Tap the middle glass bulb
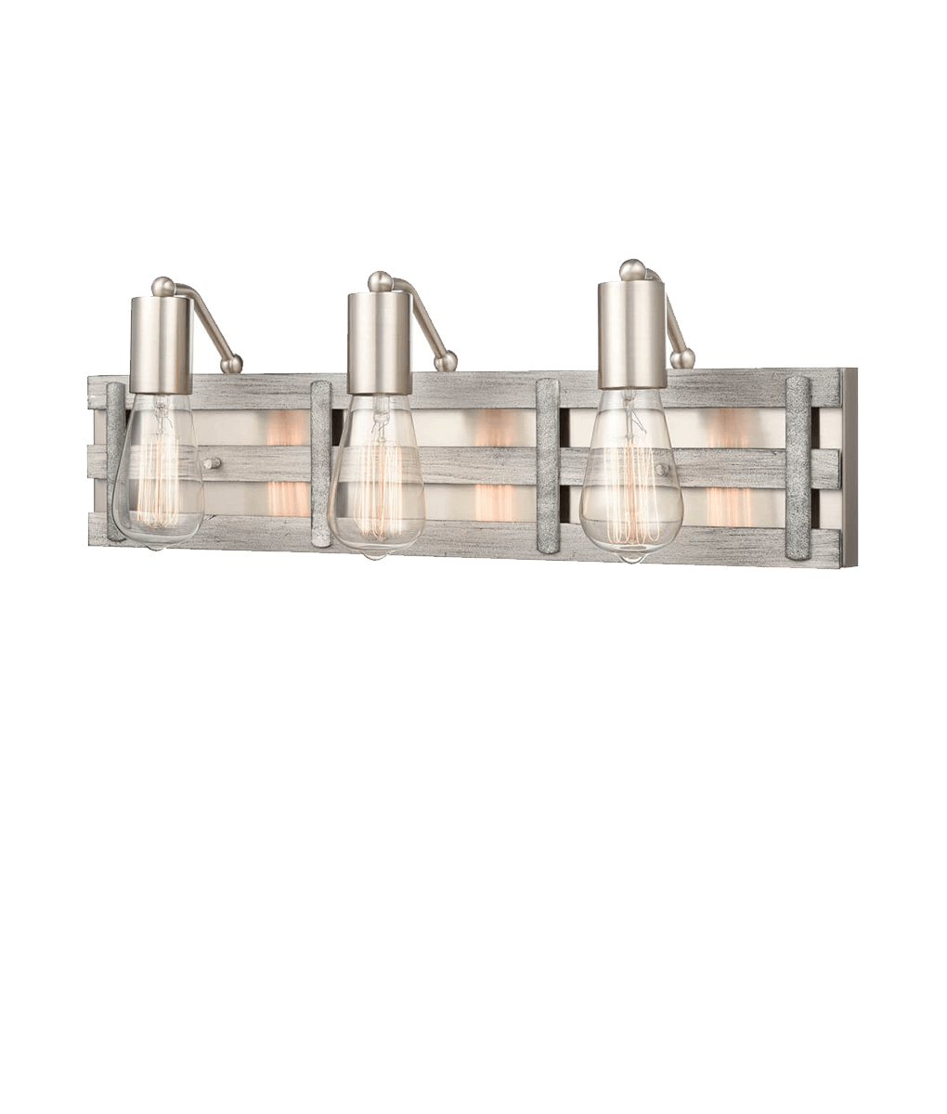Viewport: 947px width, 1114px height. (x=374, y=483)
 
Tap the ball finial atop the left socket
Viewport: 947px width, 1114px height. (x=164, y=286)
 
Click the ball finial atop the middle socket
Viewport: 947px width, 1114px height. (x=380, y=280)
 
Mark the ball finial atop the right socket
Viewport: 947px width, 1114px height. (x=631, y=270)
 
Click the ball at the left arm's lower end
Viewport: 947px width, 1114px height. (x=235, y=363)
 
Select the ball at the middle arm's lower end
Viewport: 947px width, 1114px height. (x=449, y=361)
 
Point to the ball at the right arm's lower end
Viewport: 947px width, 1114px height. (x=684, y=358)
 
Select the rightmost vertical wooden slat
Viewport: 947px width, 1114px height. (x=798, y=468)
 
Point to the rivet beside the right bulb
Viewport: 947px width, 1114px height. (x=661, y=471)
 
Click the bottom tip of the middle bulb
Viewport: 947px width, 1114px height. (x=373, y=555)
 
